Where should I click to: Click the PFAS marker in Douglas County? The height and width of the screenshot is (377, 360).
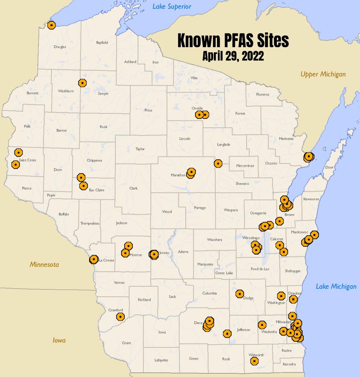point(51,25)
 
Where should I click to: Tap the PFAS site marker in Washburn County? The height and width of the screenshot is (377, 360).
point(82,83)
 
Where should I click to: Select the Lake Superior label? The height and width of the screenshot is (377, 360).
point(172,7)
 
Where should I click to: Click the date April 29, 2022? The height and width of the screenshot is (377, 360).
point(233,56)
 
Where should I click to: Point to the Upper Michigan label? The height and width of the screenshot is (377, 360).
point(323,74)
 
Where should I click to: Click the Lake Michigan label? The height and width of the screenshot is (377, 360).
point(336,286)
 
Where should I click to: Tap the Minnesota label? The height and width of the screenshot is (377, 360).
point(44,264)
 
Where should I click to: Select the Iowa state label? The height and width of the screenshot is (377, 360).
point(59,340)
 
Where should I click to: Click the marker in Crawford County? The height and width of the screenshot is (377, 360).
point(120,317)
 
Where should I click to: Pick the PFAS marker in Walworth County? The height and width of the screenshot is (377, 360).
point(254,361)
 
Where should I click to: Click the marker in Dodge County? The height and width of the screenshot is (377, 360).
point(240,294)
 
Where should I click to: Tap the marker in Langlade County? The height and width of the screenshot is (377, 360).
point(218,163)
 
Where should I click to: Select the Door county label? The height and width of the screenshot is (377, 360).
point(329,167)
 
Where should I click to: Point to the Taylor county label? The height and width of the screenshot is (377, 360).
point(140,149)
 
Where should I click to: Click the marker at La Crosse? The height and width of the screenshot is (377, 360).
point(94,260)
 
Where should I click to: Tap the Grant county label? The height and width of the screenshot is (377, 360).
point(126,343)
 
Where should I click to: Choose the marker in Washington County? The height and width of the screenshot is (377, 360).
point(281,296)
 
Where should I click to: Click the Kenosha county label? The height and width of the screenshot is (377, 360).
point(289,364)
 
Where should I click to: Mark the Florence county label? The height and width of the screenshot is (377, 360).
point(262,95)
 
